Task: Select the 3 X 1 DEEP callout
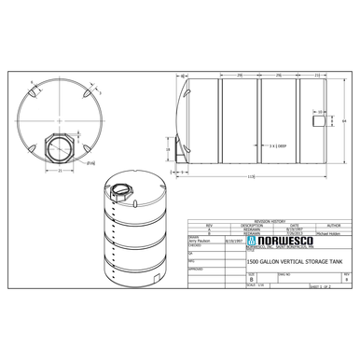(277, 146)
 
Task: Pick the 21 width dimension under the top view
(59, 172)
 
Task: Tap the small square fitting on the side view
(322, 119)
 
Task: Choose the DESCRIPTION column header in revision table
(253, 225)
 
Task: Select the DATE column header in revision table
(294, 225)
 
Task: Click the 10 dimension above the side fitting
(322, 110)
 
